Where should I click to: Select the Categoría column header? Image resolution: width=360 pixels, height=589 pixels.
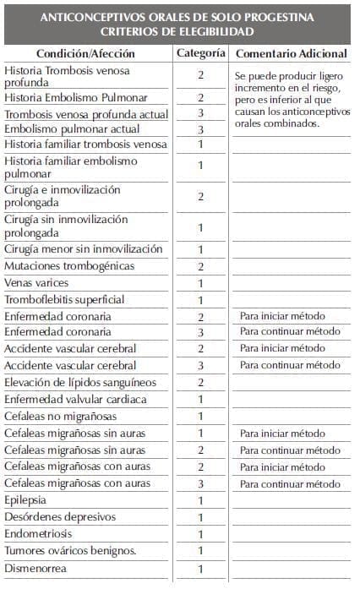click(x=200, y=53)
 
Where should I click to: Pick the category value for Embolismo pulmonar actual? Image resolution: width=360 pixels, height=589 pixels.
click(x=200, y=129)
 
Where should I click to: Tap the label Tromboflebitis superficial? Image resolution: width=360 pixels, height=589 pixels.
click(x=64, y=300)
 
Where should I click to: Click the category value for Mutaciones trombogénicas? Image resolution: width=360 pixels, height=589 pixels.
click(x=200, y=267)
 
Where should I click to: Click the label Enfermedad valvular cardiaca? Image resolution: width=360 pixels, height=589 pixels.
click(x=75, y=399)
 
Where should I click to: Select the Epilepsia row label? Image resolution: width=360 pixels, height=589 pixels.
click(x=28, y=500)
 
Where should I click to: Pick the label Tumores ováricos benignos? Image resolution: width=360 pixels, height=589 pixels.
click(x=70, y=551)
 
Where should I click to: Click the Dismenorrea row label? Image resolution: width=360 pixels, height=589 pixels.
click(x=37, y=568)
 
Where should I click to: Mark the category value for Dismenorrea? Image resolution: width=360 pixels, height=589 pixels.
click(x=200, y=569)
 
